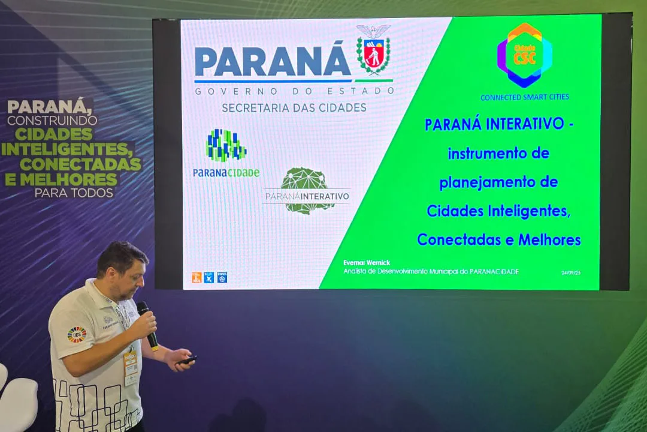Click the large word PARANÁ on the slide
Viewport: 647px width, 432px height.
pyautogui.click(x=273, y=61)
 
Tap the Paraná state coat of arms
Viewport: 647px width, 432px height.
pyautogui.click(x=373, y=51)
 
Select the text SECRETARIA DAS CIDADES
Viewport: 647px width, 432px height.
pyautogui.click(x=294, y=108)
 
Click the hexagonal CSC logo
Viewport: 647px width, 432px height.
pyautogui.click(x=524, y=55)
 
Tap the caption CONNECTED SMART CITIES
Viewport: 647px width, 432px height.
pyautogui.click(x=524, y=97)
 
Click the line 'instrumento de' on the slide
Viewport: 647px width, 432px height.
pyautogui.click(x=498, y=153)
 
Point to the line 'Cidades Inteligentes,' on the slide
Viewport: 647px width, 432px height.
pyautogui.click(x=498, y=211)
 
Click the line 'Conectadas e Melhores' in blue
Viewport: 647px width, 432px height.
pyautogui.click(x=498, y=239)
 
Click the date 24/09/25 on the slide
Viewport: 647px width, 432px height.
pyautogui.click(x=571, y=272)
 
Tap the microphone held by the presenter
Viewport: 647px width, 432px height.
pyautogui.click(x=147, y=326)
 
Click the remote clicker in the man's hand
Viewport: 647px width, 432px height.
pyautogui.click(x=187, y=360)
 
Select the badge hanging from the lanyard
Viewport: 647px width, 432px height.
pyautogui.click(x=131, y=366)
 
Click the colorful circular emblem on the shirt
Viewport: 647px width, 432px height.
pyautogui.click(x=77, y=335)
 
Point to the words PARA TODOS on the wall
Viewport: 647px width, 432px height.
pyautogui.click(x=74, y=193)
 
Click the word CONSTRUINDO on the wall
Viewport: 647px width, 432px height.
pyautogui.click(x=52, y=121)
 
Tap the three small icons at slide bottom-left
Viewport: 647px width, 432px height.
pyautogui.click(x=209, y=277)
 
